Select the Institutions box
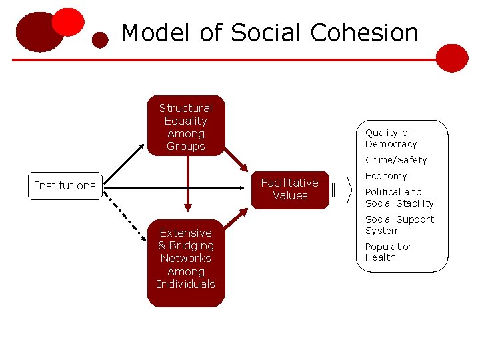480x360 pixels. tap(65, 185)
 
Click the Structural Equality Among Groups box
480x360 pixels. tap(186, 127)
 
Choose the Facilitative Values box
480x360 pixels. tap(290, 189)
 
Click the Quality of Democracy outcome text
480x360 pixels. tap(391, 138)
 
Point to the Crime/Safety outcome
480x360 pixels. tap(396, 160)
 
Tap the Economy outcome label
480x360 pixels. tap(386, 176)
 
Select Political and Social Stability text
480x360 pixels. tap(399, 197)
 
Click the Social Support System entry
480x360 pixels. tap(399, 225)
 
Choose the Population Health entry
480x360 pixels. tap(389, 252)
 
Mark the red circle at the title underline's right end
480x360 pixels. tap(453, 58)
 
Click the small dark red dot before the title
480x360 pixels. tap(100, 40)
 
